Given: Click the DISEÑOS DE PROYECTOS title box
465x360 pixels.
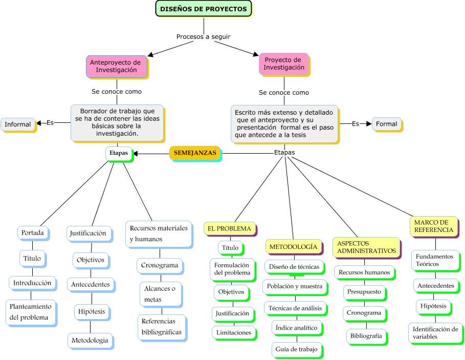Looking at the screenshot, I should click(x=203, y=9).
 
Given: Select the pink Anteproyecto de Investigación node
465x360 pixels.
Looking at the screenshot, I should click(x=116, y=66).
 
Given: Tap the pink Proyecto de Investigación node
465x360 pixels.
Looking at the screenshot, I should click(x=283, y=63).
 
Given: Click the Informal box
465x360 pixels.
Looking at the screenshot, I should click(x=18, y=124).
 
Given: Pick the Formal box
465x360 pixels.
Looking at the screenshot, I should click(x=386, y=124).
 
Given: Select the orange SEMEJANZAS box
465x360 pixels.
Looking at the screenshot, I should click(x=195, y=153).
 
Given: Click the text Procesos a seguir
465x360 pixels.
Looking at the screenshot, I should click(x=203, y=37).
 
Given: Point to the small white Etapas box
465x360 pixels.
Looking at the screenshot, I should click(x=119, y=153).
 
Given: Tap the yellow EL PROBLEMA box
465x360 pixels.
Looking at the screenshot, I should click(x=229, y=228).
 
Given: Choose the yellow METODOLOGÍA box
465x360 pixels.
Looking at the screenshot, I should click(x=293, y=246).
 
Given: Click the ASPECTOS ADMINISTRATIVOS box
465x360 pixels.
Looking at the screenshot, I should click(x=366, y=247).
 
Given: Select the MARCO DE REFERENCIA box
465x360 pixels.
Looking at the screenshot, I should click(x=433, y=226).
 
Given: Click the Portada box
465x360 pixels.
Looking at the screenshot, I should click(x=33, y=233).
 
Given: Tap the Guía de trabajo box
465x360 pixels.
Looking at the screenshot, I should click(x=296, y=349).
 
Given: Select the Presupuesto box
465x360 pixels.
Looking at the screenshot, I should click(x=364, y=292).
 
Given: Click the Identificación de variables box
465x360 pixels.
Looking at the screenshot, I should click(x=435, y=333).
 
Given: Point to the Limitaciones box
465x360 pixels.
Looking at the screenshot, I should click(x=233, y=332).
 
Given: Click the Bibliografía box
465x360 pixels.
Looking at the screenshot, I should click(x=365, y=336).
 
